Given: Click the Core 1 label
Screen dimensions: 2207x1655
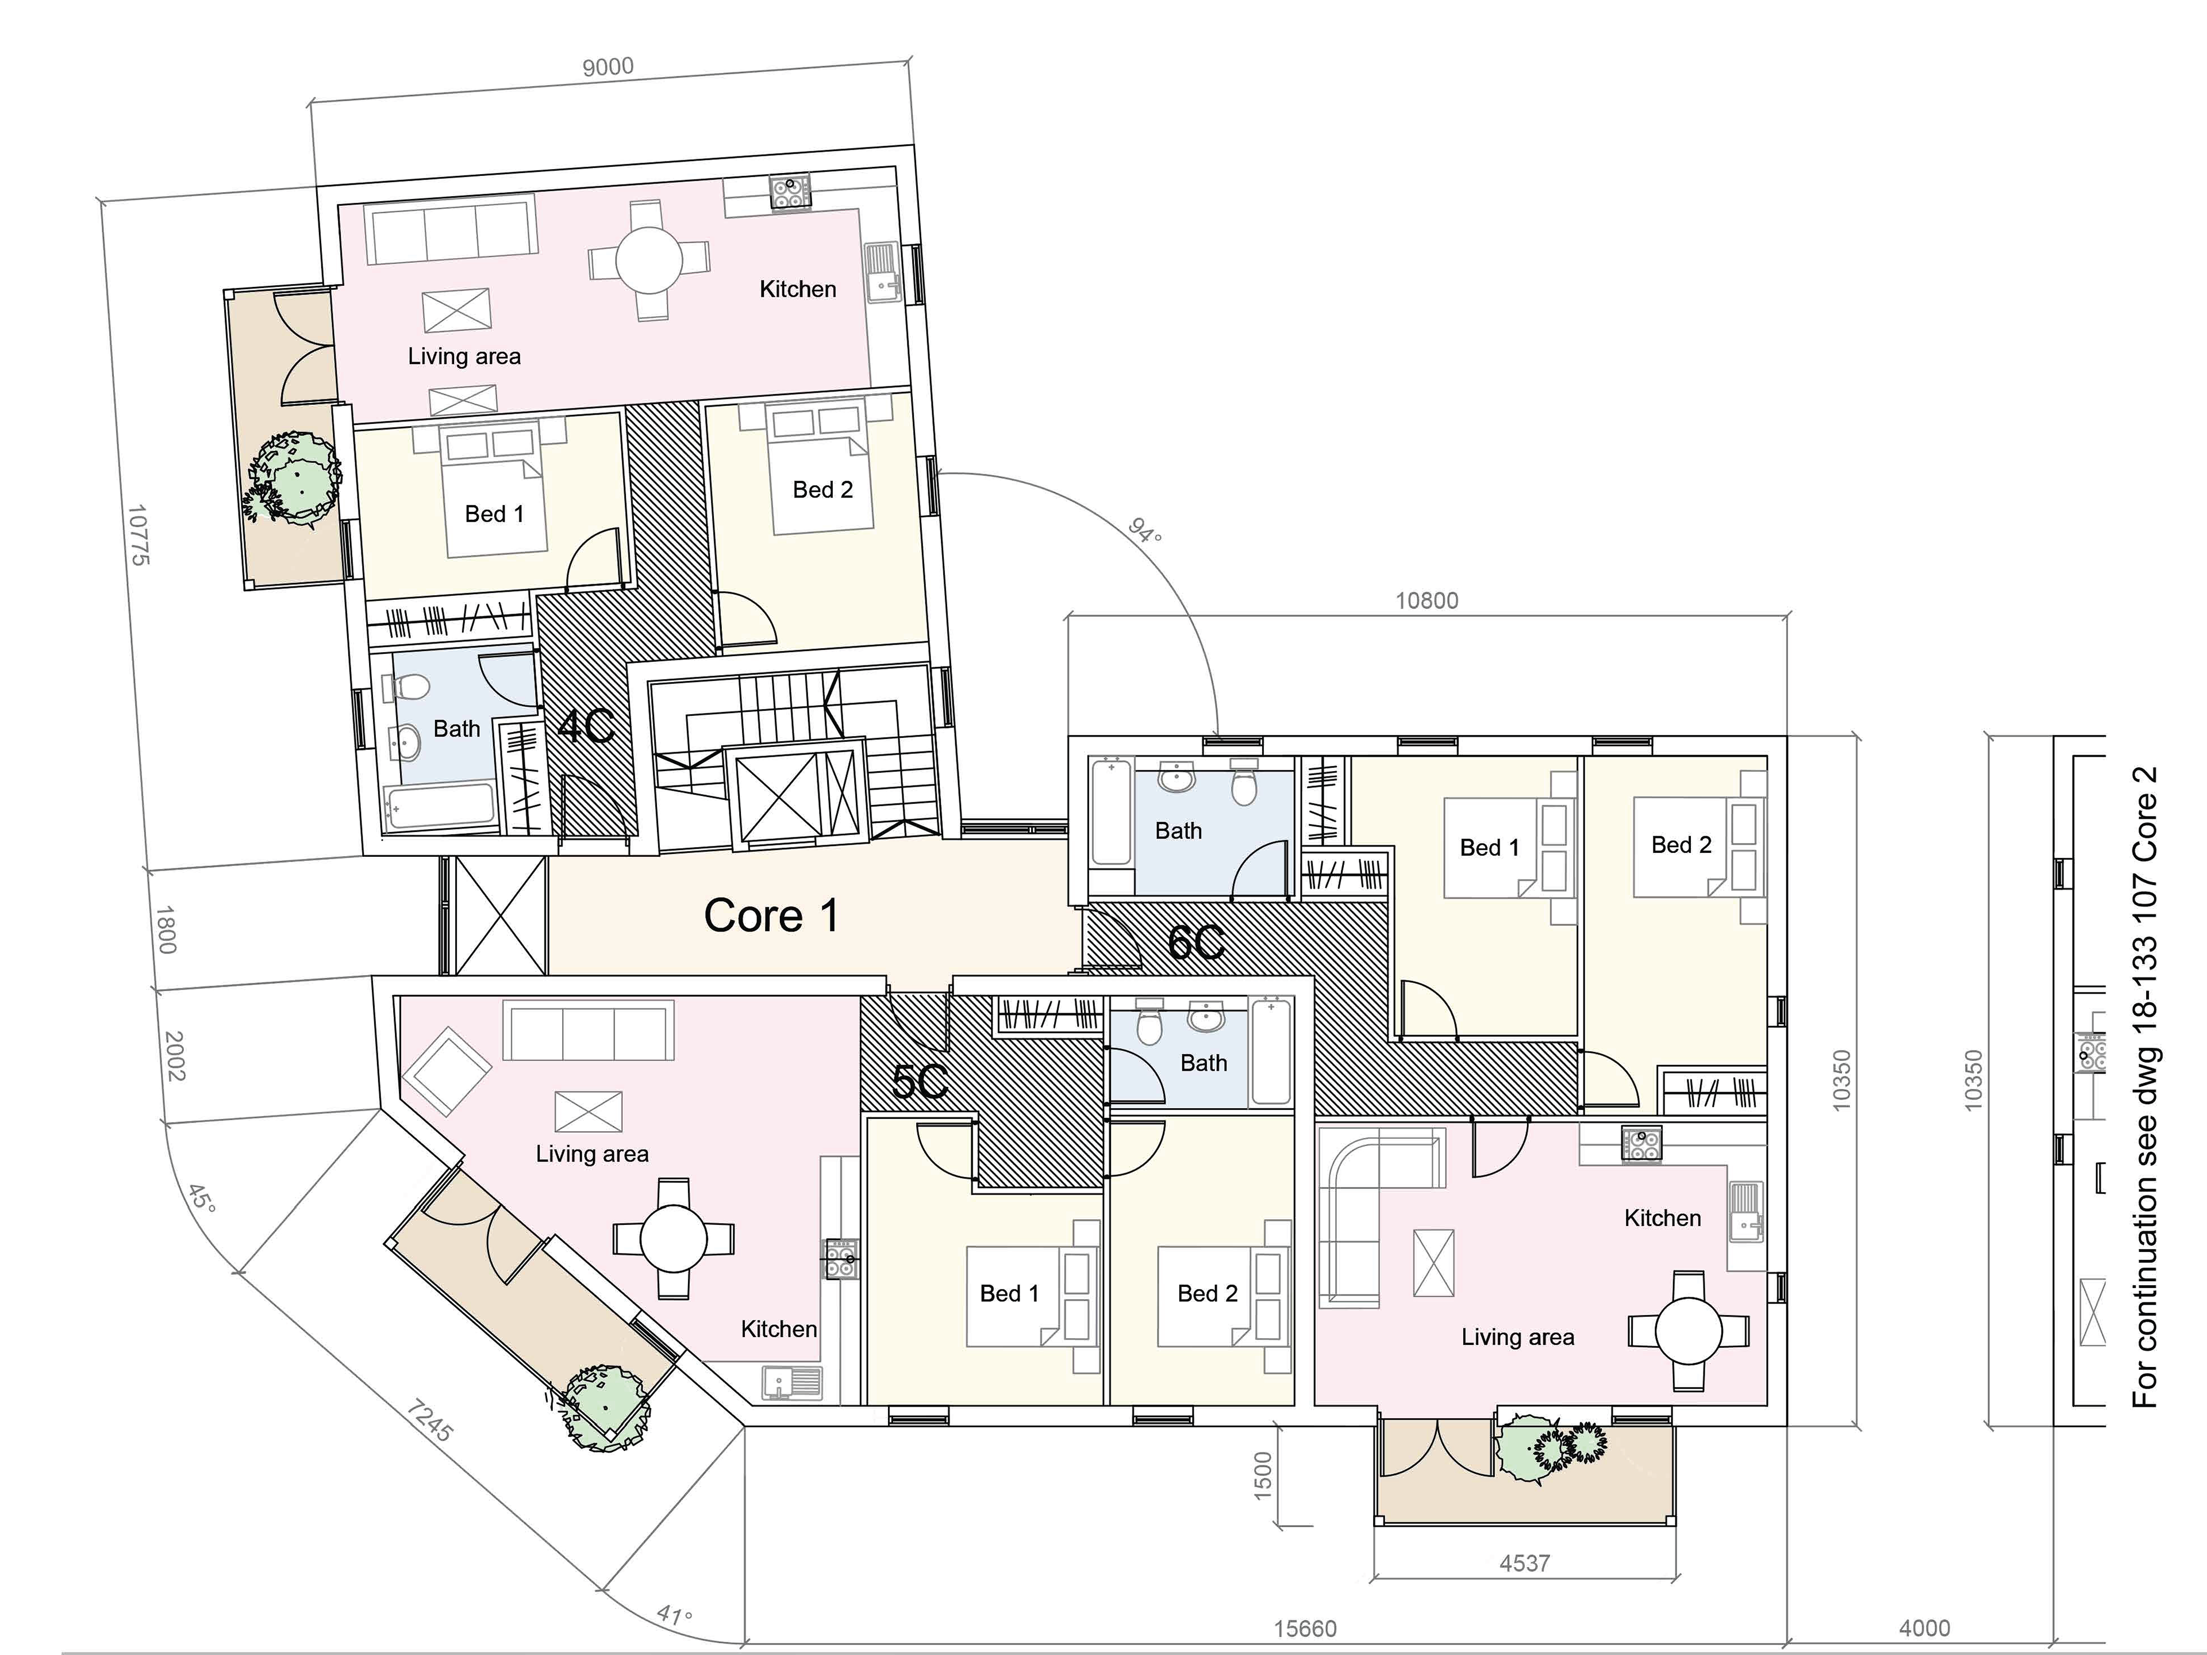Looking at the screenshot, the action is [x=771, y=915].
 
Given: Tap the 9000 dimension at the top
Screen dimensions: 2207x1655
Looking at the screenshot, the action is [x=607, y=67].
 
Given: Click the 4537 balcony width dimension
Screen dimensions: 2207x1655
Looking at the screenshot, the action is [x=1525, y=1563].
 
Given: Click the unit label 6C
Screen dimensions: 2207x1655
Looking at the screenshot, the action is [x=1196, y=943].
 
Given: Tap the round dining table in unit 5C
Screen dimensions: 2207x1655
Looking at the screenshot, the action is [x=674, y=1239].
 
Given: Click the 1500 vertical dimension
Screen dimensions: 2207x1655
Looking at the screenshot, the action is [x=1262, y=1476].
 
